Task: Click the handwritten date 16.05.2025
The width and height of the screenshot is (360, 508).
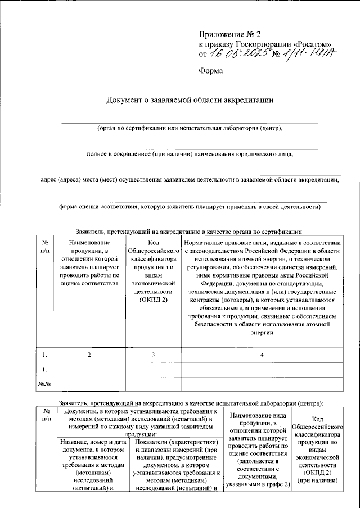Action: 236,54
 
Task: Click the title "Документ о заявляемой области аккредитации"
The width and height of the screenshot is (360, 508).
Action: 190,100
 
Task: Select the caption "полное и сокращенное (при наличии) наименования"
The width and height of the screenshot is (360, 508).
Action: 190,153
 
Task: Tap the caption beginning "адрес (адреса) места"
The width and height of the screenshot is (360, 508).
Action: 190,180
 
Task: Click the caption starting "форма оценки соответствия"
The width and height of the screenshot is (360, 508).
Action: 190,206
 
